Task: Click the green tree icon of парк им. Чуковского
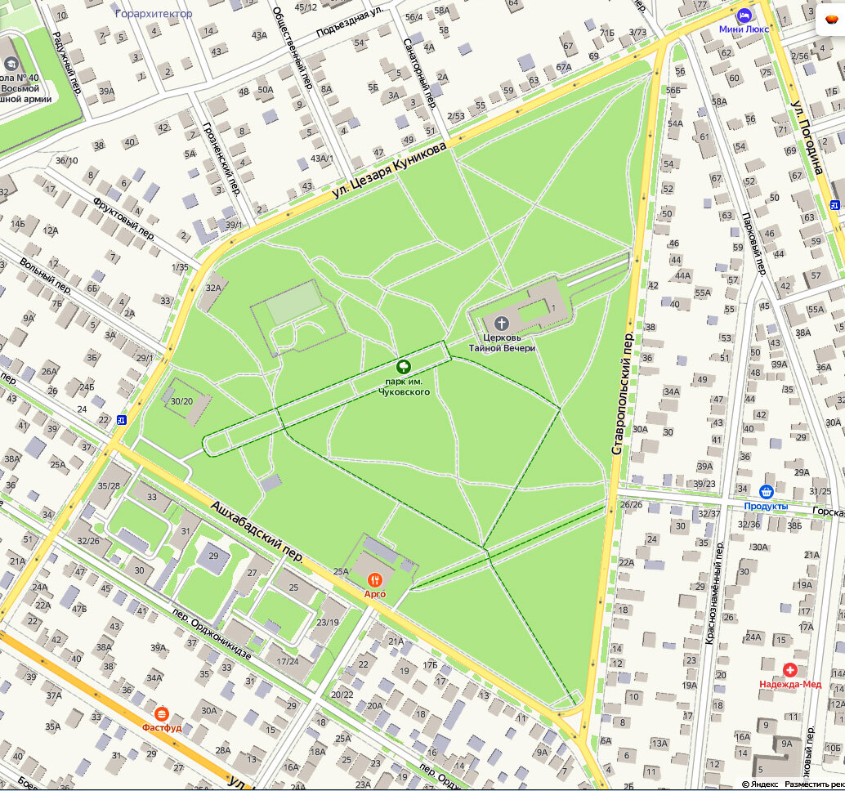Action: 403,367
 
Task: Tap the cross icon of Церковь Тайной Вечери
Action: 502,323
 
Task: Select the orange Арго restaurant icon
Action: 375,579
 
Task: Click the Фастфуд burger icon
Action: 161,713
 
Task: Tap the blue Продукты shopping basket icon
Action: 766,492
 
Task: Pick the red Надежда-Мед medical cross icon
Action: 789,669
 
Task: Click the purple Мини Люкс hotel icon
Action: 744,16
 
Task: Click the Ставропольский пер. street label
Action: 624,394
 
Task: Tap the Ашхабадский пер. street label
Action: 257,533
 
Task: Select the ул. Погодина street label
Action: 807,138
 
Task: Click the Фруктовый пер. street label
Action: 123,217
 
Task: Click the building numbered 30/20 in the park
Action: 181,401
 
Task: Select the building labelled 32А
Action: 214,288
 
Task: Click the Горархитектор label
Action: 154,13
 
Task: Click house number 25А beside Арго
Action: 342,572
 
